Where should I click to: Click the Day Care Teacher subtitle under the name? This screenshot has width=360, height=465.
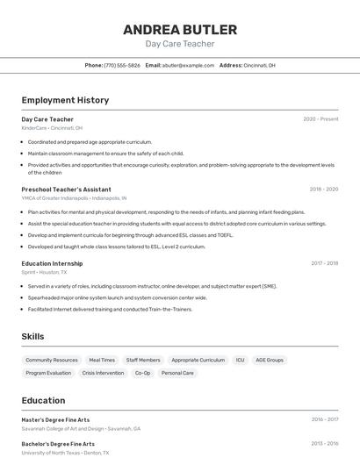click(179, 44)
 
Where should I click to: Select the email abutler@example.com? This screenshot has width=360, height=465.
click(188, 65)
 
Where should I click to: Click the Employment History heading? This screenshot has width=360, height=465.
click(65, 100)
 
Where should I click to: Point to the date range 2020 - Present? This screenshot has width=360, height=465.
click(320, 119)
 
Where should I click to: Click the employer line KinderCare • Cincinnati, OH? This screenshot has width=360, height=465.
click(52, 128)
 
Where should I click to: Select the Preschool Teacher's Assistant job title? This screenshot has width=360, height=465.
click(66, 190)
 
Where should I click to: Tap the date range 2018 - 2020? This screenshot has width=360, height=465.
click(323, 190)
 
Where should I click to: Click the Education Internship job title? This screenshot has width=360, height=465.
click(52, 263)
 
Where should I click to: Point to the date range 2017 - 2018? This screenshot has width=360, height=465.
click(324, 263)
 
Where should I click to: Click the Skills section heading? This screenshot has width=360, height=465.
click(32, 337)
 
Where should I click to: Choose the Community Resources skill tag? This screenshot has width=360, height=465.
click(52, 360)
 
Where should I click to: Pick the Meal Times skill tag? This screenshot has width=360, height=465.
click(102, 360)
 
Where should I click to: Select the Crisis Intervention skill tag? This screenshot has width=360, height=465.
click(103, 373)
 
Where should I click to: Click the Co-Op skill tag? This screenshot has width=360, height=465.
click(142, 373)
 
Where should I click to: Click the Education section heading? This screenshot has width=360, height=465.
click(43, 400)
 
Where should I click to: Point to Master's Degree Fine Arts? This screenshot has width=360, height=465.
click(55, 419)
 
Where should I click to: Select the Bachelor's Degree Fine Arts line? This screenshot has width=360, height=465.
click(58, 444)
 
